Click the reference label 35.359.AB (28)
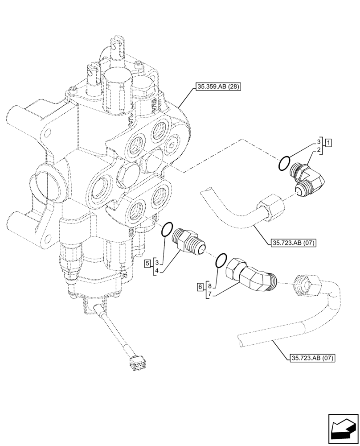[217, 87]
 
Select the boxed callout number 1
[328, 143]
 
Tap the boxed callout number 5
[147, 264]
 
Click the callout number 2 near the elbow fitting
[319, 152]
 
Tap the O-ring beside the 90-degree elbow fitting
[285, 162]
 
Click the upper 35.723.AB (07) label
[293, 243]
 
